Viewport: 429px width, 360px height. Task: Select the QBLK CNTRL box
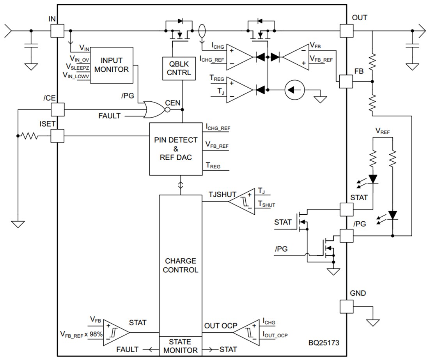pos(179,69)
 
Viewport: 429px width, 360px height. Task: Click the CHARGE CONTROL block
pos(180,265)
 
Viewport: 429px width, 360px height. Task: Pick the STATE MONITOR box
pos(180,346)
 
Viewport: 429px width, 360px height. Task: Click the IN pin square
pos(58,30)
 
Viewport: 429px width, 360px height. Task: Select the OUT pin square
pos(346,30)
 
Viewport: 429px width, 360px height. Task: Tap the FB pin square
pos(346,81)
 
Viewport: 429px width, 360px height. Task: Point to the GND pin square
pos(346,307)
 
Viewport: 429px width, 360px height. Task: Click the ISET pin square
pos(58,136)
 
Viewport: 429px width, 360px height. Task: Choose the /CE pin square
pos(58,109)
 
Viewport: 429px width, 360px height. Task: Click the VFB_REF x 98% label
pos(82,334)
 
